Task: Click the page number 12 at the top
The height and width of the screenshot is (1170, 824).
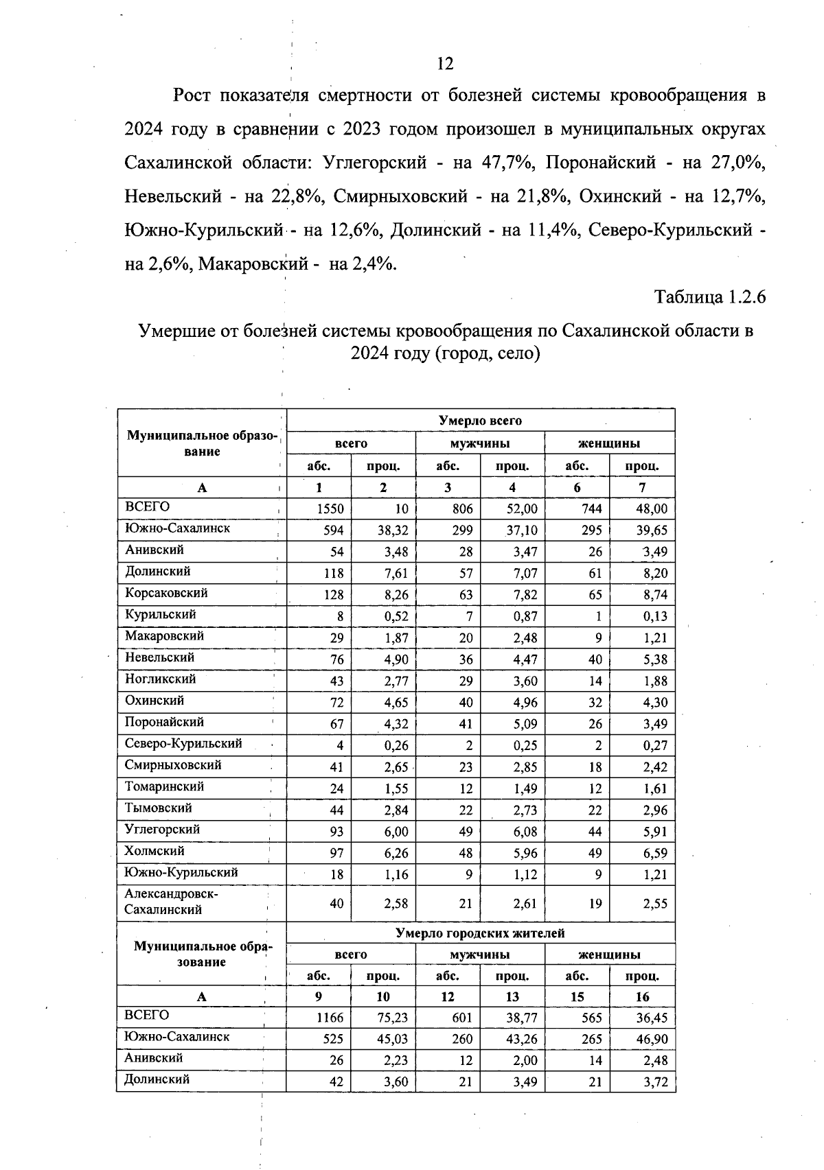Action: (445, 64)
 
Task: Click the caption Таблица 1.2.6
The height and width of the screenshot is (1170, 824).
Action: (709, 297)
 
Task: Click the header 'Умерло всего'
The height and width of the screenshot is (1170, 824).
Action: (480, 420)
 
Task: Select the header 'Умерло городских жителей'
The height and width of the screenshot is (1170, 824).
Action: (480, 933)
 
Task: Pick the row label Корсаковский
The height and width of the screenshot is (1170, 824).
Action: (166, 593)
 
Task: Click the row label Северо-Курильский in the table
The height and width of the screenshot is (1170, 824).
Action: (183, 743)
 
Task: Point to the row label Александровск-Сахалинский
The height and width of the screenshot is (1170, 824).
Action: (171, 902)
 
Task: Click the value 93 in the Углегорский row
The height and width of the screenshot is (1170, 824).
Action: (336, 832)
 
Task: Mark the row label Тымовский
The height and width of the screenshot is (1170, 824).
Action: (159, 808)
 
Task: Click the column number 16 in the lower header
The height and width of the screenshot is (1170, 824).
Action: (642, 996)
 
